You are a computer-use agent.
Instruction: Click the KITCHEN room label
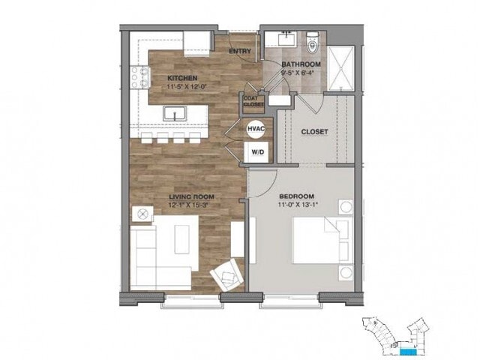(x=182, y=78)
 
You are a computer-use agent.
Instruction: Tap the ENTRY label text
(x=240, y=52)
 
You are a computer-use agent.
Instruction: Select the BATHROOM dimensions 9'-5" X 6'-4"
(x=301, y=73)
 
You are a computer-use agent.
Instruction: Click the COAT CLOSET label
(x=250, y=101)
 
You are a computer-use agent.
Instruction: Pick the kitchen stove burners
(x=139, y=75)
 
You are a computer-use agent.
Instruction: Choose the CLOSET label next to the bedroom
(x=314, y=132)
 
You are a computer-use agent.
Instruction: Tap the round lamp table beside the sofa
(x=141, y=214)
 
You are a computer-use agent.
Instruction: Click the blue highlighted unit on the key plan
(x=407, y=350)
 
